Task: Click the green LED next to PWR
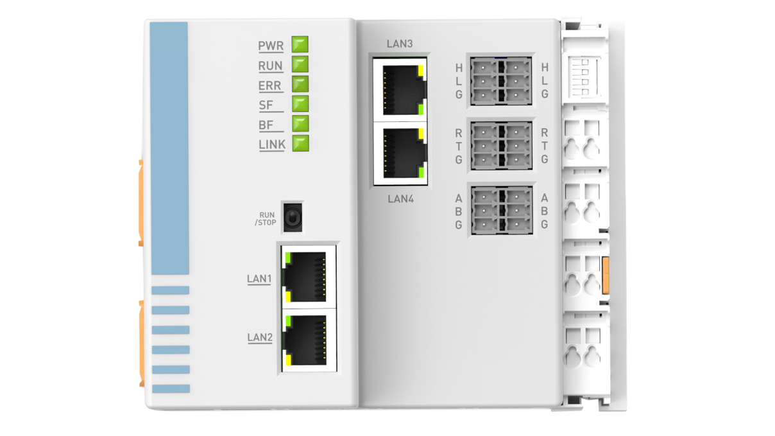(300, 44)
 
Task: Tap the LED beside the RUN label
(300, 64)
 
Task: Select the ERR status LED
(300, 84)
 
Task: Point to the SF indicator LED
(300, 104)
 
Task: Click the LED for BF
(300, 124)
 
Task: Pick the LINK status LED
(301, 143)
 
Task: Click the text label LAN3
(400, 44)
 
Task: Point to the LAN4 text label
(400, 199)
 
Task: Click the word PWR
(271, 46)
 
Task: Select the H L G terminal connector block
(501, 81)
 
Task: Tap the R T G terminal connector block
(501, 146)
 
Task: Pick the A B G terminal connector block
(502, 211)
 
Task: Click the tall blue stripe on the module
(169, 148)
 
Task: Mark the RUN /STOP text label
(266, 219)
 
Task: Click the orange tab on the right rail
(606, 275)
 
